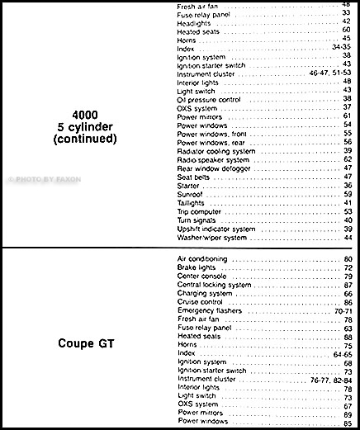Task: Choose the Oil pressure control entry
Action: (x=207, y=99)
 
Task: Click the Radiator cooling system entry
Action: (x=216, y=151)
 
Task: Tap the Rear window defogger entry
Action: (x=213, y=168)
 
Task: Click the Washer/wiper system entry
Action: (x=212, y=238)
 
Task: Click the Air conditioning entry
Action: (x=202, y=259)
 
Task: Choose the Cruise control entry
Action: (x=201, y=302)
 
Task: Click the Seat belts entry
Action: (x=195, y=177)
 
